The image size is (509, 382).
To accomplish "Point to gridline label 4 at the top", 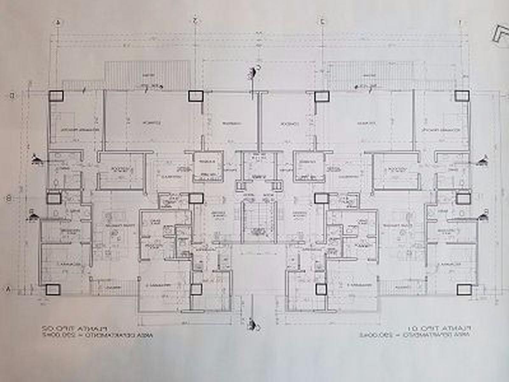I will pos(58,22).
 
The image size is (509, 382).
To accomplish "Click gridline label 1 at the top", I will pos(460,22).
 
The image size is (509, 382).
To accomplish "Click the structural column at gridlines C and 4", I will pos(56,96).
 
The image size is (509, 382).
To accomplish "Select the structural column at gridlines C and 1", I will pos(462,96).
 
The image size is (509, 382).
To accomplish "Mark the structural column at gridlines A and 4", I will pos(53,289).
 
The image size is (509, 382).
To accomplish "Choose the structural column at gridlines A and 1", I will pos(464,289).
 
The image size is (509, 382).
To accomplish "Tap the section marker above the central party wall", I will pos(256,72).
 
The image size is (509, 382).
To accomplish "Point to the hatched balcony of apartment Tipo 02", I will pos(147,74).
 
